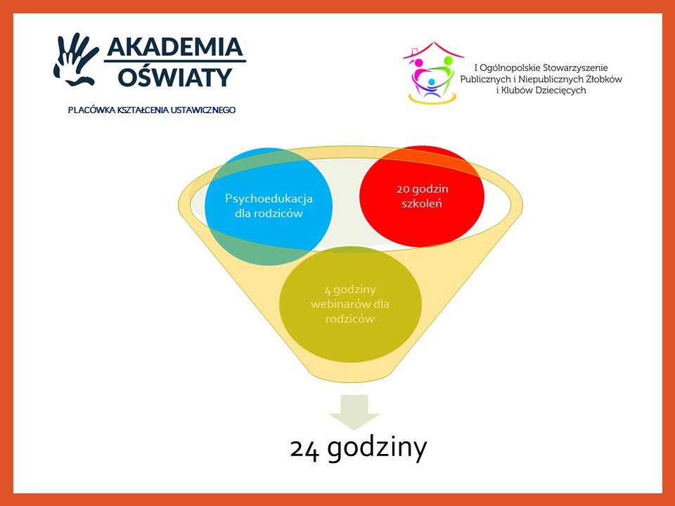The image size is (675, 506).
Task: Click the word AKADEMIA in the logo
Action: (x=175, y=47)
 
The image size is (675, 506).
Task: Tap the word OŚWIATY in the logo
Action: (x=175, y=77)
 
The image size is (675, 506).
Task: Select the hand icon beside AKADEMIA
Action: (x=76, y=59)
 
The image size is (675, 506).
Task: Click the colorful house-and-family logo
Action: (x=432, y=72)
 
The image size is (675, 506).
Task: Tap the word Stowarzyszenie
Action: (x=575, y=68)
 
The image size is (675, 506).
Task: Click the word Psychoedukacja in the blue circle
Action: (x=269, y=199)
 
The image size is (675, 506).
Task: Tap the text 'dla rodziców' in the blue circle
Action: (x=269, y=214)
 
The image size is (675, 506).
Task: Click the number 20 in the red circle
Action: (x=403, y=189)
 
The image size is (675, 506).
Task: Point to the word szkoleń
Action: (x=422, y=204)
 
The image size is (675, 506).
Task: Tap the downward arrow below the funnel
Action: (x=354, y=412)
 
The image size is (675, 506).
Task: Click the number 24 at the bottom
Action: (x=304, y=450)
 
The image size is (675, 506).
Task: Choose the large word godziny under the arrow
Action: (x=377, y=450)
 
